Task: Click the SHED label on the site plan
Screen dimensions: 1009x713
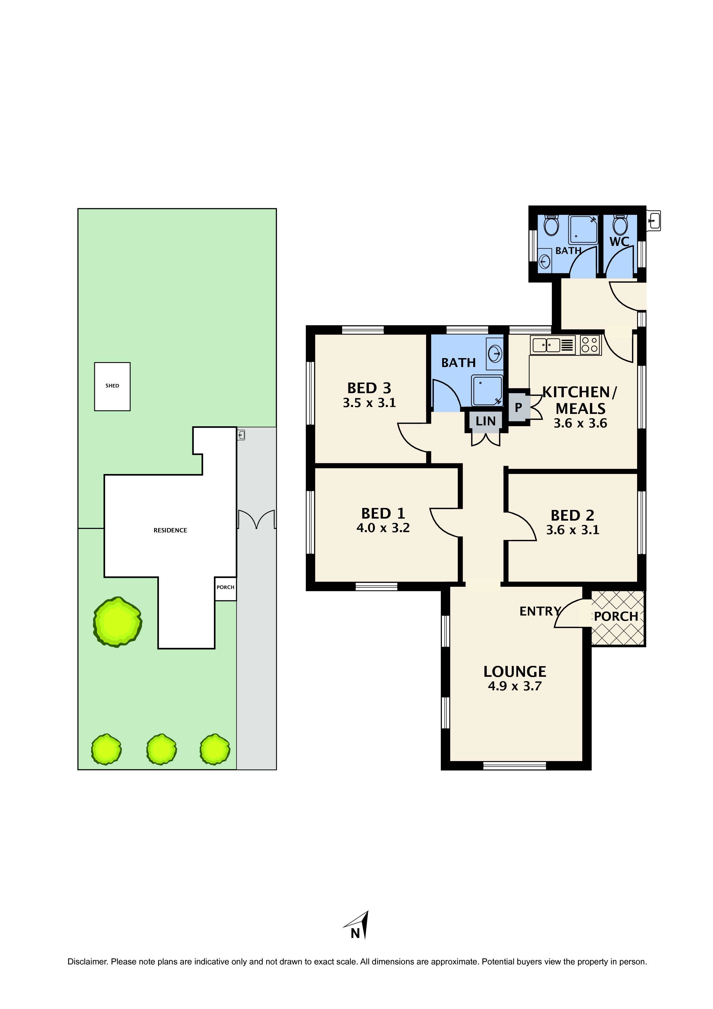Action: coord(112,386)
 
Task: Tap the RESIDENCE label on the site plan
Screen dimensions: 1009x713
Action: coord(170,530)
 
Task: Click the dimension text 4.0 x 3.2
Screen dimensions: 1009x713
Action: coord(383,528)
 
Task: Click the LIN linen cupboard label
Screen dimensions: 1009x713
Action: coord(485,421)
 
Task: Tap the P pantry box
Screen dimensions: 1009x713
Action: coord(518,407)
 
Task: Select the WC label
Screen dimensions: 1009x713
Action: coord(619,241)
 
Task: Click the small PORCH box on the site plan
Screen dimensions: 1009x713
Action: coord(225,588)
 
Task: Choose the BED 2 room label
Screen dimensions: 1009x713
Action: coord(572,515)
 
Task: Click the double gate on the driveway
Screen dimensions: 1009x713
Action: coord(256,519)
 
